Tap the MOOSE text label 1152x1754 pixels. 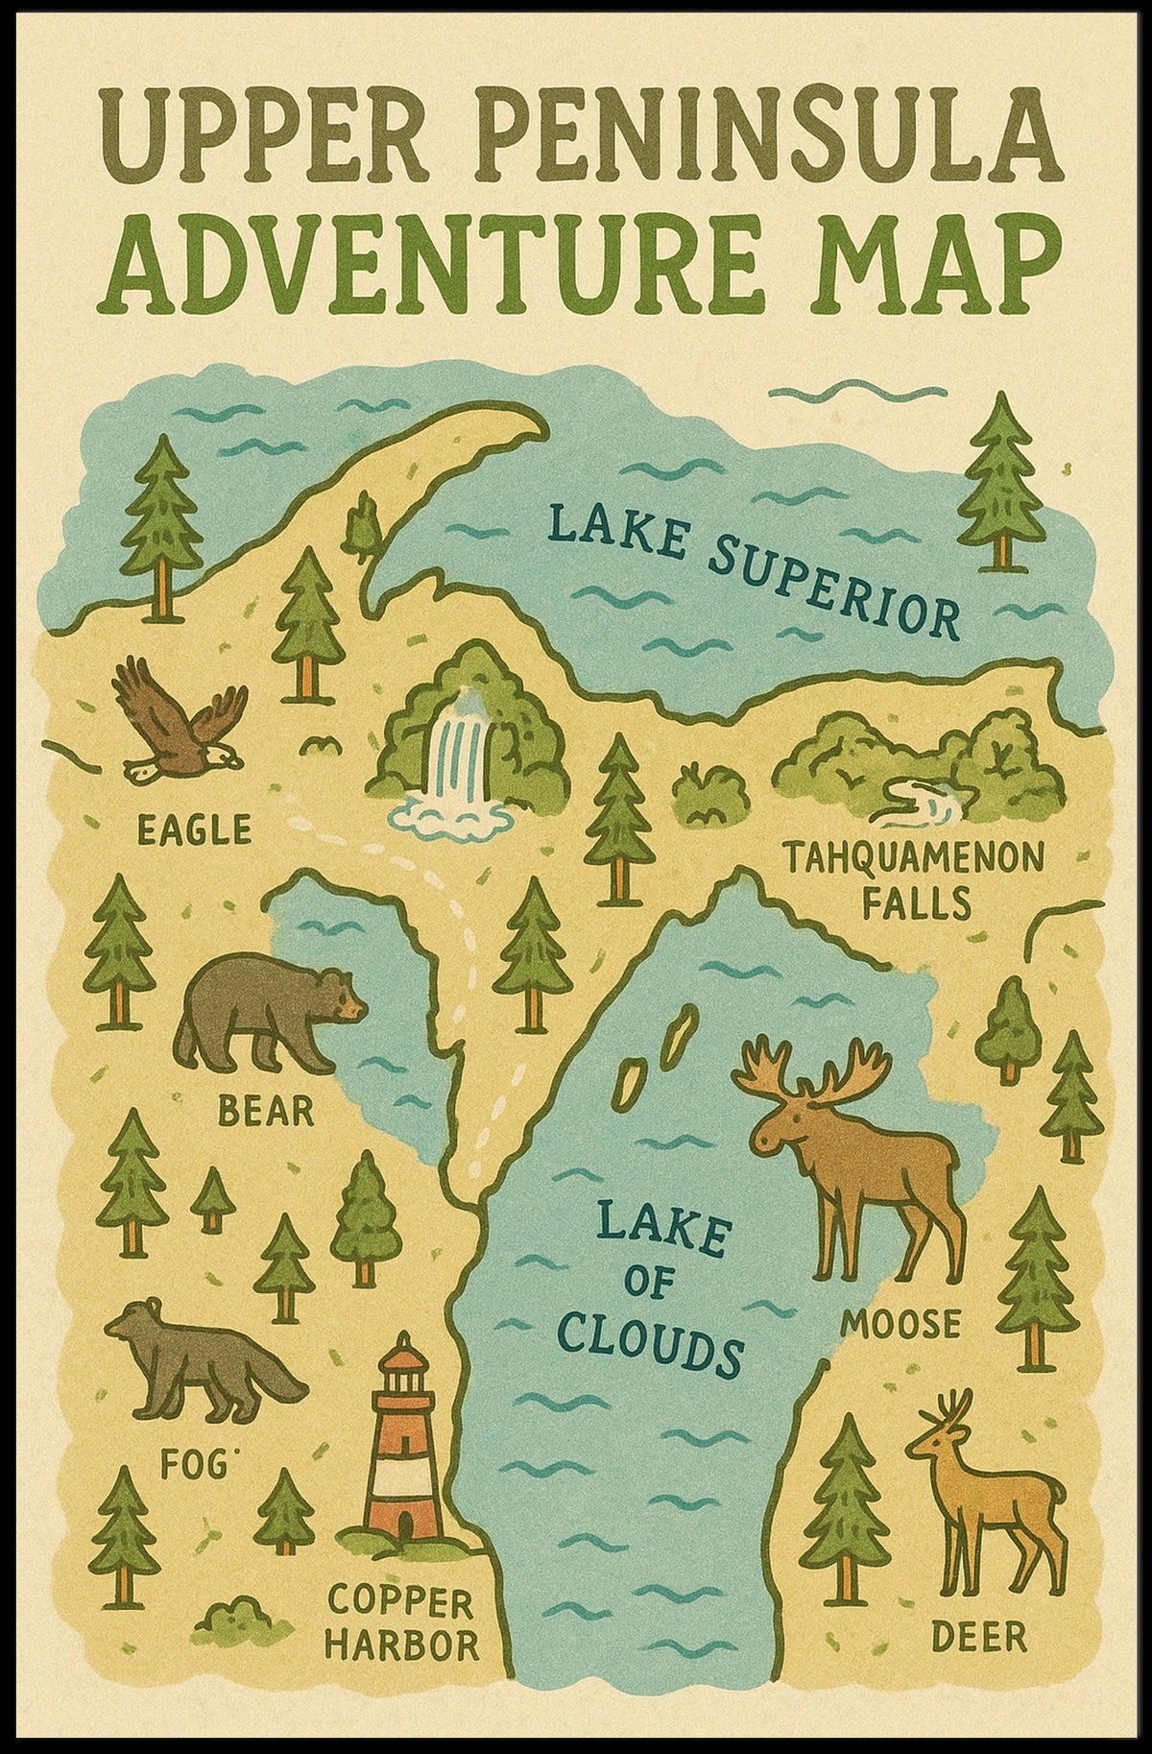[900, 1325]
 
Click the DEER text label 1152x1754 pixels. [978, 1636]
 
